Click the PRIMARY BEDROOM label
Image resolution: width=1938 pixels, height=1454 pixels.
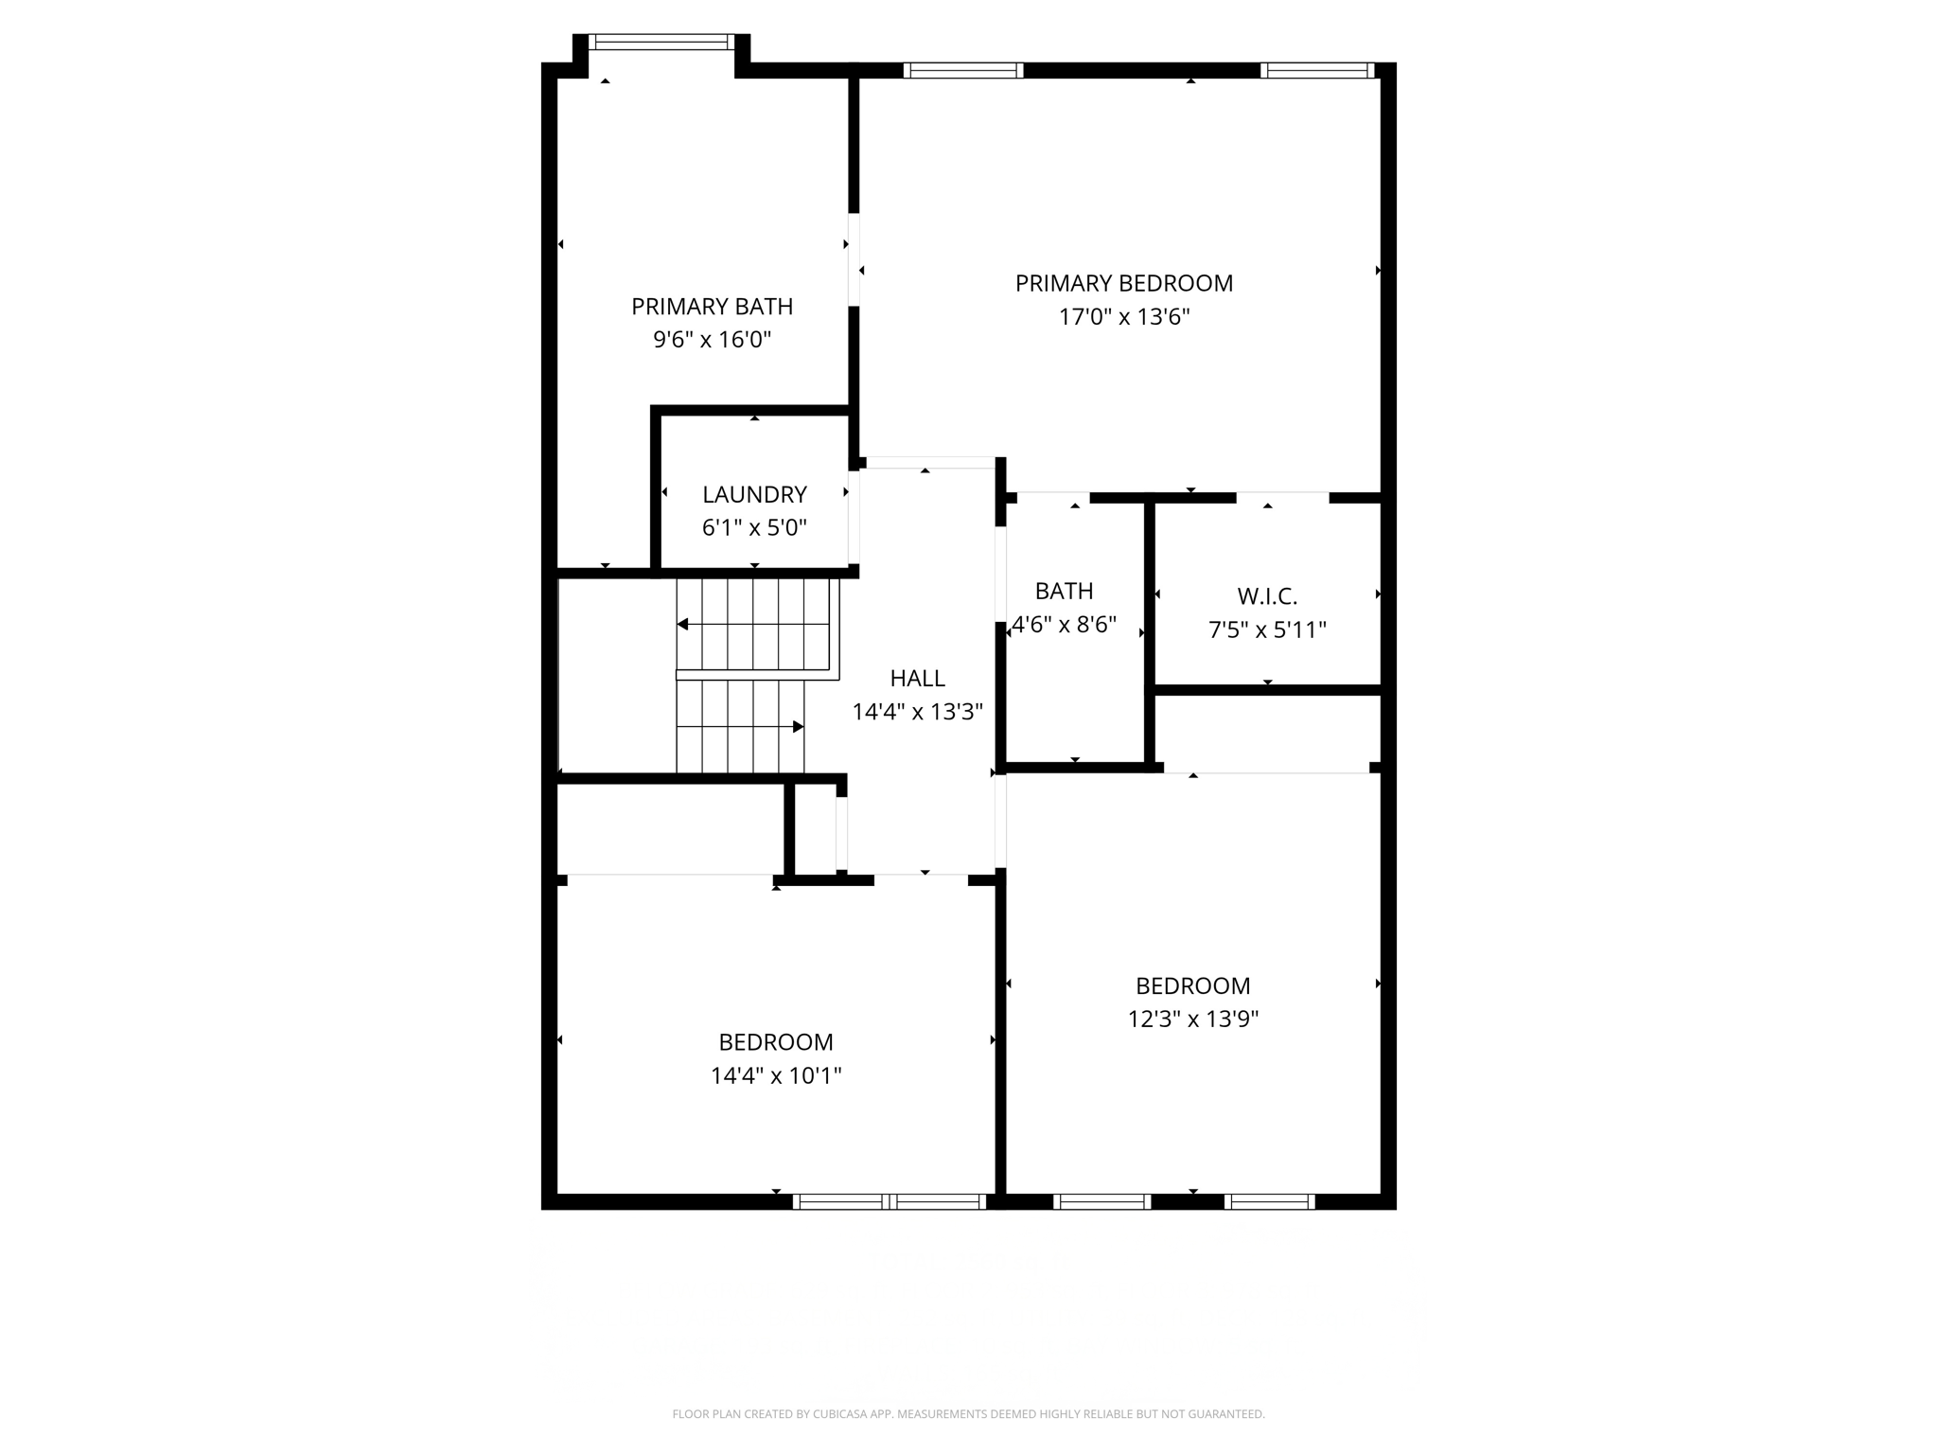pyautogui.click(x=1123, y=283)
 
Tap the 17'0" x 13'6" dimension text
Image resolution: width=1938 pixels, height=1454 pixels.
pyautogui.click(x=1123, y=316)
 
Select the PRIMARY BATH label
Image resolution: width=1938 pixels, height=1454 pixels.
pyautogui.click(x=712, y=307)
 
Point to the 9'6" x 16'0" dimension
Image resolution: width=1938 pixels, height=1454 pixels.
pyautogui.click(x=712, y=339)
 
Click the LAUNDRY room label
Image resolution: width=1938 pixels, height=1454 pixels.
pyautogui.click(x=754, y=494)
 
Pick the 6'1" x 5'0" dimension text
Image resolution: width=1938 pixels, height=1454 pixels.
pyautogui.click(x=754, y=527)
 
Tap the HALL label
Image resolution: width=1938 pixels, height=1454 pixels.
pyautogui.click(x=917, y=678)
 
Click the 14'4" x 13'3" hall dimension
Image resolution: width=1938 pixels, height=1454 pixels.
pyautogui.click(x=917, y=712)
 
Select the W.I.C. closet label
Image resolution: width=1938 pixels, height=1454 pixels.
pyautogui.click(x=1267, y=596)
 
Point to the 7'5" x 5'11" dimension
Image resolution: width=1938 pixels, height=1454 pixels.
pyautogui.click(x=1267, y=629)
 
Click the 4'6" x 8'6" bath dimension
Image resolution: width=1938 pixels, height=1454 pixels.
pyautogui.click(x=1065, y=625)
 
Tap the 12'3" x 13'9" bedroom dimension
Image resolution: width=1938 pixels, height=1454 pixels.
pyautogui.click(x=1192, y=1019)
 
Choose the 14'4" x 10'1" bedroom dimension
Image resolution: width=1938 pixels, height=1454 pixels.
pyautogui.click(x=776, y=1075)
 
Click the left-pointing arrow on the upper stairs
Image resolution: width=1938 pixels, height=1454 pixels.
pyautogui.click(x=682, y=625)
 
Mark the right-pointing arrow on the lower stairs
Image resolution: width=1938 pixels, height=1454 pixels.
pyautogui.click(x=798, y=727)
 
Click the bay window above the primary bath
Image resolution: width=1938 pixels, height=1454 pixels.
pyautogui.click(x=661, y=42)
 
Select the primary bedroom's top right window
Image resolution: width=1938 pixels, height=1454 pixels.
pyautogui.click(x=1317, y=70)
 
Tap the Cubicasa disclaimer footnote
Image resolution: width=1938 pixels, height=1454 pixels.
pyautogui.click(x=968, y=1414)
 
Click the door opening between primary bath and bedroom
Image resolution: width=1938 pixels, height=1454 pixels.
pyautogui.click(x=854, y=259)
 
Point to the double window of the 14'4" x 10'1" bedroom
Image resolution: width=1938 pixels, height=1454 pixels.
pyautogui.click(x=890, y=1201)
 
